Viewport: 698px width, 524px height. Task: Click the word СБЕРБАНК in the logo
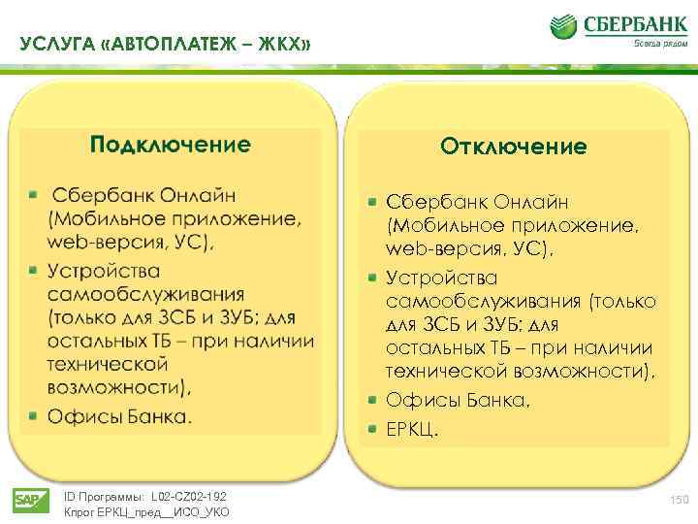630,23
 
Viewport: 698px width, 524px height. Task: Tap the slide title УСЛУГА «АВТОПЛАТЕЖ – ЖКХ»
164,45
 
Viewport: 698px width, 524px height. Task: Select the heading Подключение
170,146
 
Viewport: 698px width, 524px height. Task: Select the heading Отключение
513,147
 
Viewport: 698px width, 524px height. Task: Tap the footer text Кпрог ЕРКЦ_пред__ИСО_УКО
146,511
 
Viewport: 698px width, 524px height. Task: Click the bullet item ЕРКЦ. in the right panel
412,427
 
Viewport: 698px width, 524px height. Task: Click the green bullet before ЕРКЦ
372,427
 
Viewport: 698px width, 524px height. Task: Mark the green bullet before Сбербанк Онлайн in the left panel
33,195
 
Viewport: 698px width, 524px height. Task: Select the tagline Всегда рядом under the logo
653,44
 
